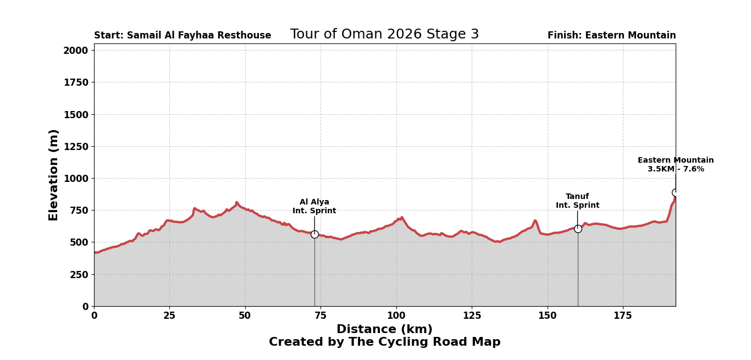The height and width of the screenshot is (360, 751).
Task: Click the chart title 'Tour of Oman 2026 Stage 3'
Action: pyautogui.click(x=384, y=35)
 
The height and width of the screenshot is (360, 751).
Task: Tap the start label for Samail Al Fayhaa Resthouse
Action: pyautogui.click(x=183, y=36)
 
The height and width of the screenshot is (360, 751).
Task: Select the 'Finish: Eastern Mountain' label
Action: pyautogui.click(x=611, y=36)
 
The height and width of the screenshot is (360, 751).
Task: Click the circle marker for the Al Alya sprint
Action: pyautogui.click(x=314, y=234)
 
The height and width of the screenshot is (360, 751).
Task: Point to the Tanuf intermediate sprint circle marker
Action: pyautogui.click(x=578, y=229)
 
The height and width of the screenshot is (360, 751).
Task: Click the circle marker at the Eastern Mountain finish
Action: pyautogui.click(x=675, y=192)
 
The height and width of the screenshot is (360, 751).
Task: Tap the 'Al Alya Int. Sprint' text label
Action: pyautogui.click(x=314, y=207)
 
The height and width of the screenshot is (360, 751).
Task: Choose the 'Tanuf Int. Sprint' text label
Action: pyautogui.click(x=577, y=201)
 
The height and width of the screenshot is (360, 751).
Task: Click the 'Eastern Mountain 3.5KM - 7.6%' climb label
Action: pyautogui.click(x=676, y=165)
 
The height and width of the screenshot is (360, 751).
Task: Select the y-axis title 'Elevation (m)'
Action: pyautogui.click(x=54, y=175)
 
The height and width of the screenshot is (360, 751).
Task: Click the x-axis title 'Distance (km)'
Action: pyautogui.click(x=384, y=330)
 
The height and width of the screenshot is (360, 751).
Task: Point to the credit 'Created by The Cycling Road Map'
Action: pyautogui.click(x=384, y=342)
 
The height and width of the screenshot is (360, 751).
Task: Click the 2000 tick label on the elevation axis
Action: pyautogui.click(x=75, y=51)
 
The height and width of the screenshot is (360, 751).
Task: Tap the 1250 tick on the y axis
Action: pyautogui.click(x=75, y=147)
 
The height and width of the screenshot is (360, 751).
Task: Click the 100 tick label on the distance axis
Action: pyautogui.click(x=396, y=316)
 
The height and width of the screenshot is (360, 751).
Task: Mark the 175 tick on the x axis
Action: pyautogui.click(x=623, y=316)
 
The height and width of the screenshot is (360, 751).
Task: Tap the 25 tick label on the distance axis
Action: pyautogui.click(x=169, y=316)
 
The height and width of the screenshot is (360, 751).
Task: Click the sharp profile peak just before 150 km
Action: pyautogui.click(x=535, y=221)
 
